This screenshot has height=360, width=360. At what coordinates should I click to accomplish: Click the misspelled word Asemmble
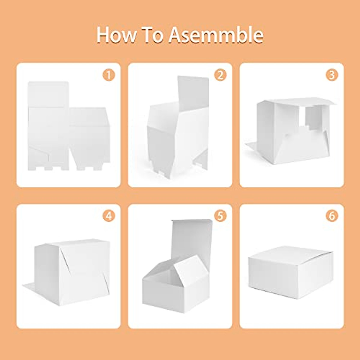pos(216,35)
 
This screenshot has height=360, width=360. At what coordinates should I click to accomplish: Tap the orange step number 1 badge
pos(109,75)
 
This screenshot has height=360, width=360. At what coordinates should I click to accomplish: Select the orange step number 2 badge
pos(220,75)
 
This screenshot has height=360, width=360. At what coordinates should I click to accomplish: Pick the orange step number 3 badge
pos(332,75)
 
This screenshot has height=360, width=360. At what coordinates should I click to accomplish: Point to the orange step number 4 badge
pos(109,216)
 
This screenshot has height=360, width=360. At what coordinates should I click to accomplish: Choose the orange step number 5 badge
pos(220,216)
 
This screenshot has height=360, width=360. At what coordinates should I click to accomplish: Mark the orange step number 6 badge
pos(332,216)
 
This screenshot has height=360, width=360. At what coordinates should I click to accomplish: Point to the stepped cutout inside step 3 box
pos(312,120)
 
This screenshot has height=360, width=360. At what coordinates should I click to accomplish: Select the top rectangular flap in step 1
pos(48,94)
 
